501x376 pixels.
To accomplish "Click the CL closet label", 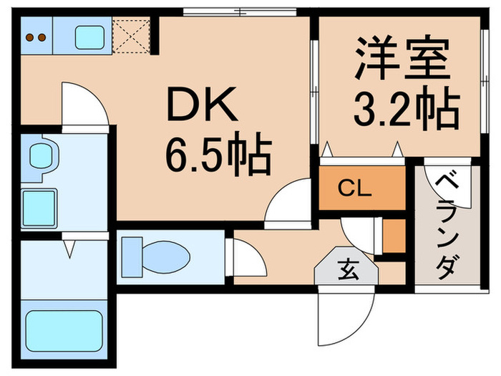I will (x=354, y=190).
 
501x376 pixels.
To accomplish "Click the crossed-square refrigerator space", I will (x=131, y=35).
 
